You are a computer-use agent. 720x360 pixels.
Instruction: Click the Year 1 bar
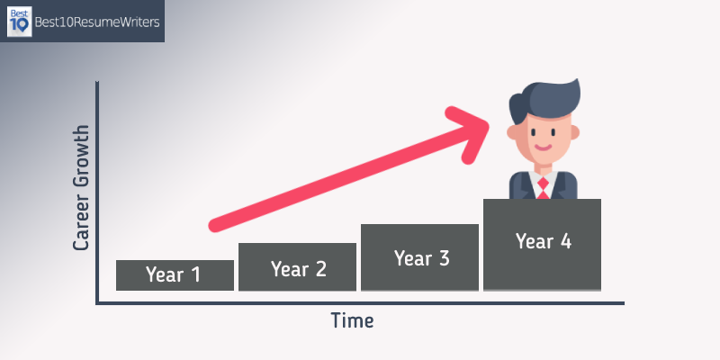[x=175, y=275]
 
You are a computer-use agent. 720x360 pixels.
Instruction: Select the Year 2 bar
[x=297, y=266]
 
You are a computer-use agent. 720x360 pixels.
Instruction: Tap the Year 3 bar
[x=419, y=257]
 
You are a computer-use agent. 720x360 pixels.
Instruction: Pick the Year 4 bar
[x=543, y=245]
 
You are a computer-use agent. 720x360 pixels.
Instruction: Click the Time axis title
[x=352, y=320]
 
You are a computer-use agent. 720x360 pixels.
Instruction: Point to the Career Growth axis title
[x=81, y=188]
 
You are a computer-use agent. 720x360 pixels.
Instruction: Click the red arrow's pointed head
[x=487, y=125]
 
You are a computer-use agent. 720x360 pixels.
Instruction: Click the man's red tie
[x=544, y=188]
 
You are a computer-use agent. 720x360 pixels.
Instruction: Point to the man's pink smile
[x=544, y=148]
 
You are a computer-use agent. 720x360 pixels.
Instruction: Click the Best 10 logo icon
[x=19, y=22]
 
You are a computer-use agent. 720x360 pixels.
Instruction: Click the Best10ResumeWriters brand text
[x=97, y=22]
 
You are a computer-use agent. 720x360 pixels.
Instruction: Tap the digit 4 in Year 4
[x=565, y=241]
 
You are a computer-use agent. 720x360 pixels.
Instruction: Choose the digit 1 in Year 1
[x=195, y=274]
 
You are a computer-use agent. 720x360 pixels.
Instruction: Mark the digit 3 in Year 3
[x=444, y=258]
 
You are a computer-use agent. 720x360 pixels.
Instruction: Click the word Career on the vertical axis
[x=81, y=225]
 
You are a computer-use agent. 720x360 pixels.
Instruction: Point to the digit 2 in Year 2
[x=320, y=268]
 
